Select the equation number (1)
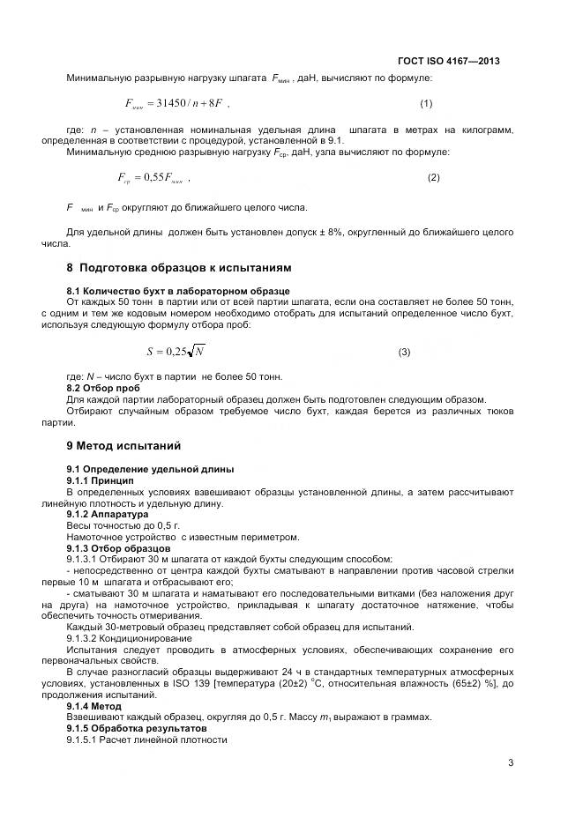426,104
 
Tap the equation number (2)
433,178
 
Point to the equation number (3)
404,353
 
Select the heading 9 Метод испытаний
131,446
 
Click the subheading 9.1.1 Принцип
101,480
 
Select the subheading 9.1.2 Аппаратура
110,513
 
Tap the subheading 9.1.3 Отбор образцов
120,547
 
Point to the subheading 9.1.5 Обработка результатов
137,729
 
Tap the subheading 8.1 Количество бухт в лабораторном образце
178,291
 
